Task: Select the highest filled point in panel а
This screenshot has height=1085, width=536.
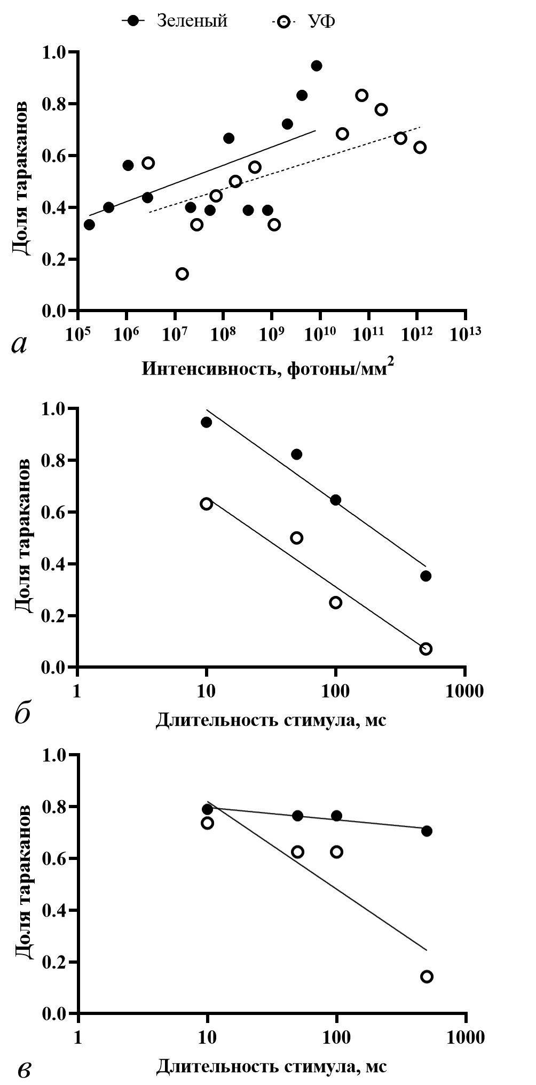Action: [x=316, y=66]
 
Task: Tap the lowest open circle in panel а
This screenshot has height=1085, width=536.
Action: [x=182, y=274]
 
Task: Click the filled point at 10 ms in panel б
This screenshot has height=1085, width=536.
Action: [x=206, y=422]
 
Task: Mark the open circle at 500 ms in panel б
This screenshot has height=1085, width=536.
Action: [x=425, y=649]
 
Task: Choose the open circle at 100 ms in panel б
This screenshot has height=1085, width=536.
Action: [x=335, y=602]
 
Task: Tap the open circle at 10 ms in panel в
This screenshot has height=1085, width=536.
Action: [x=207, y=823]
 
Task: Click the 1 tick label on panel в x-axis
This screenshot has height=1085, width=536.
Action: [x=78, y=1038]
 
